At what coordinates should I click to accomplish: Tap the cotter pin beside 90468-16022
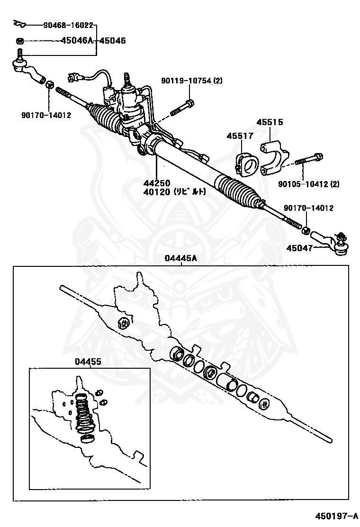19,23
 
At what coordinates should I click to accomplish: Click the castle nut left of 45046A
19,41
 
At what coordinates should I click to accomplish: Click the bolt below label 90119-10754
182,109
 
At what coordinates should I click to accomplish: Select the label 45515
270,122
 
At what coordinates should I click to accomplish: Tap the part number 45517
240,136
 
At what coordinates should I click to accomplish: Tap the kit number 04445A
180,258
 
